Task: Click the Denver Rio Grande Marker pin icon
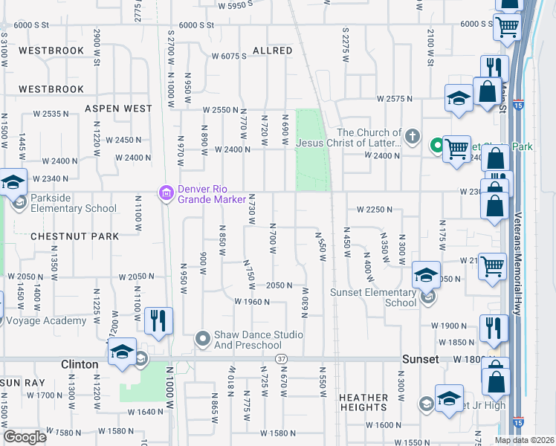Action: tap(166, 193)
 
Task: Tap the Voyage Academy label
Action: tap(46, 321)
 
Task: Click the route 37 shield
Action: tap(281, 359)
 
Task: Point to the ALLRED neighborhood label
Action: tap(272, 51)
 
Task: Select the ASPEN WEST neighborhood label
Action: tap(118, 109)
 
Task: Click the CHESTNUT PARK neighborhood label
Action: tap(74, 236)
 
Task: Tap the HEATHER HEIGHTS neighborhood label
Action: tap(363, 403)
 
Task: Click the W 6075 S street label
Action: tap(229, 56)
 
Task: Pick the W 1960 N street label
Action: tap(251, 302)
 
